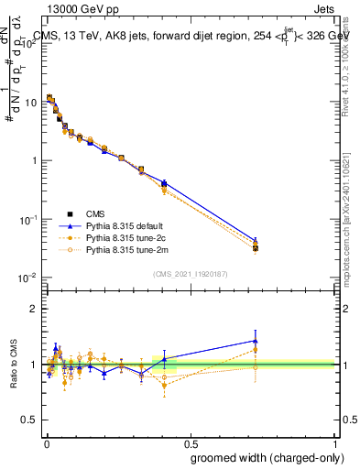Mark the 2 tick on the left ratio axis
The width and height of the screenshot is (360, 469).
click(x=37, y=309)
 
